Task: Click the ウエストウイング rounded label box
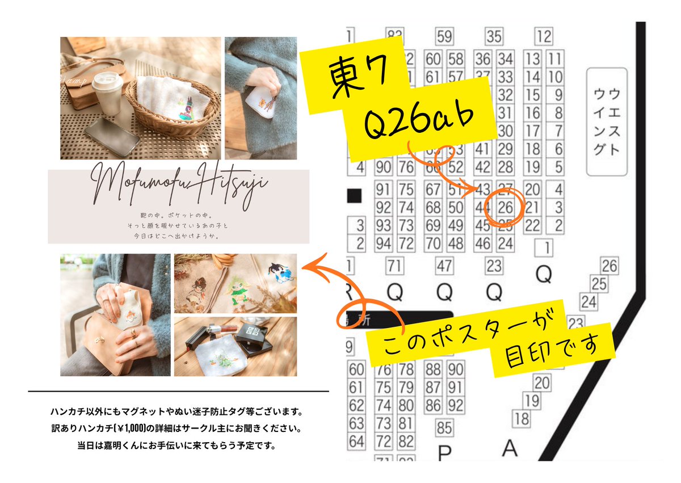606,121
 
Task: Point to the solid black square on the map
354,196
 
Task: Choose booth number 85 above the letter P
444,427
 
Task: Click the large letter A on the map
510,448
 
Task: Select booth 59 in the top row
444,37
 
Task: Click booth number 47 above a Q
444,265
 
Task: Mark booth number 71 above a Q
396,265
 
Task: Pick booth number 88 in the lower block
434,369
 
